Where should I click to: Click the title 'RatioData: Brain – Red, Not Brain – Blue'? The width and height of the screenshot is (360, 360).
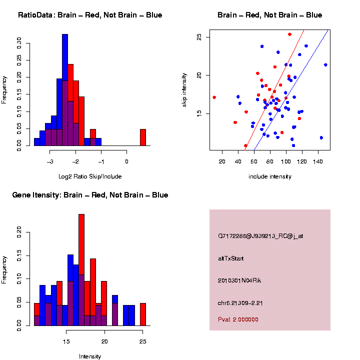[90, 15]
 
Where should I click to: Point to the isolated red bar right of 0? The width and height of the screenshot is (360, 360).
[143, 137]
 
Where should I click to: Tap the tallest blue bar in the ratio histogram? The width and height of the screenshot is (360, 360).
[65, 90]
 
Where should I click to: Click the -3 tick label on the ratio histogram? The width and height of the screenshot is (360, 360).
[50, 161]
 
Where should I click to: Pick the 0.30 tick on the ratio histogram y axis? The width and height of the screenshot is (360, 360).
[19, 43]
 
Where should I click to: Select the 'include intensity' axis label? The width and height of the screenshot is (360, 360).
[270, 176]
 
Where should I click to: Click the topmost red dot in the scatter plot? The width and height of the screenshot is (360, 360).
[290, 34]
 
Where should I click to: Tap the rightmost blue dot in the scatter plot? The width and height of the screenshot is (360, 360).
[325, 65]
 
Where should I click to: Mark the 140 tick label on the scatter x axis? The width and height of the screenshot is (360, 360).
[318, 161]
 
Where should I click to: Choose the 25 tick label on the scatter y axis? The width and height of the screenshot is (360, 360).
[199, 37]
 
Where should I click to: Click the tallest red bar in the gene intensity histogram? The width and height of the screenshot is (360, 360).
[81, 270]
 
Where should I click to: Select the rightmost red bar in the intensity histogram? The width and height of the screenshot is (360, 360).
[143, 314]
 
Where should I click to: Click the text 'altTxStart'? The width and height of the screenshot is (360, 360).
[231, 258]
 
